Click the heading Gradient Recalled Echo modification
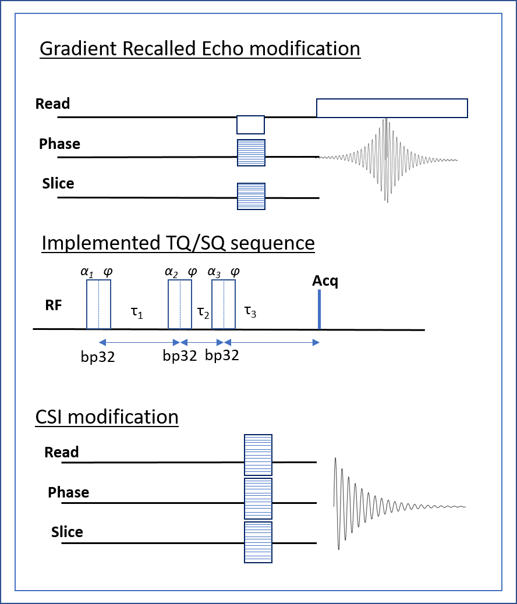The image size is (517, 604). [x=200, y=49]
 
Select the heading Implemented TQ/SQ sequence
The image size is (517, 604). [x=178, y=243]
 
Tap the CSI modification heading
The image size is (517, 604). [x=107, y=417]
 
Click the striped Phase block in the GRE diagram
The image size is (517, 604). [x=251, y=152]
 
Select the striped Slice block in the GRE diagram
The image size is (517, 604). [x=251, y=197]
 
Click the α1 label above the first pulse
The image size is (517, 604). [x=87, y=272]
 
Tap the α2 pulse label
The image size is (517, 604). [x=171, y=272]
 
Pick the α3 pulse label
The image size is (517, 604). [x=214, y=272]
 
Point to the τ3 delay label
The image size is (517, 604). [x=250, y=311]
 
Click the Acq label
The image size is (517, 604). [x=325, y=281]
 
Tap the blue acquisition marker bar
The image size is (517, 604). [x=319, y=310]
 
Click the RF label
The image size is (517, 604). [x=54, y=305]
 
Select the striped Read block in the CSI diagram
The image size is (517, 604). [x=258, y=455]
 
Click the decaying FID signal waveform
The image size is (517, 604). [x=399, y=503]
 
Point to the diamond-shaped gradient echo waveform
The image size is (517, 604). [x=388, y=159]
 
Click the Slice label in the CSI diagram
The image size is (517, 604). [x=67, y=532]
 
